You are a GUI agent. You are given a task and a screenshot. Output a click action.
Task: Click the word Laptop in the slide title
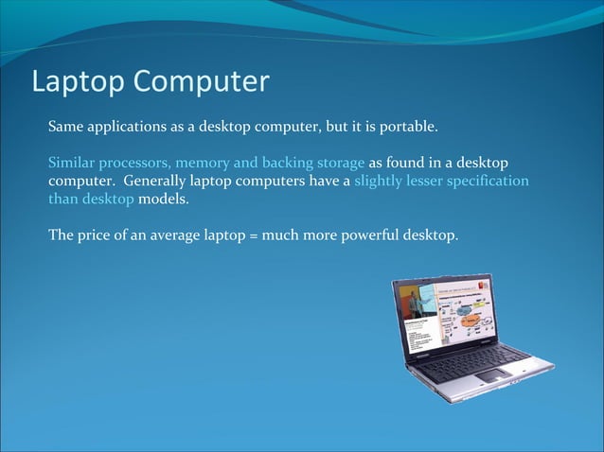76,82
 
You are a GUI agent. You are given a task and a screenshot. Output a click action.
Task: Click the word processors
135,162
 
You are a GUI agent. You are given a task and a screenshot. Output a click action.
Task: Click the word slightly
383,180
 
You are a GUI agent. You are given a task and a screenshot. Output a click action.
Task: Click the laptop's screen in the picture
444,317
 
